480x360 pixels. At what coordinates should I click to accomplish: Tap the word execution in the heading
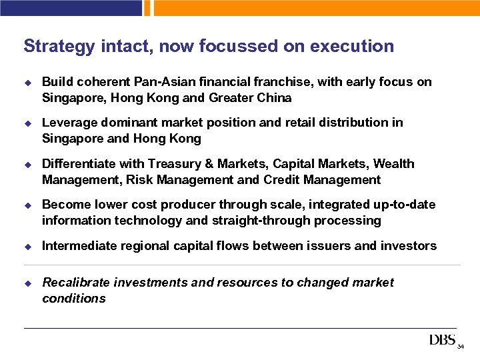(x=353, y=47)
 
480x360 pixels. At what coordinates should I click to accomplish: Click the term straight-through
(x=250, y=221)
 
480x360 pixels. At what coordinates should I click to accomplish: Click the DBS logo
(x=442, y=341)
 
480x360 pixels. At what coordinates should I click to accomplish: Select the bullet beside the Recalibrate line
(x=28, y=283)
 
